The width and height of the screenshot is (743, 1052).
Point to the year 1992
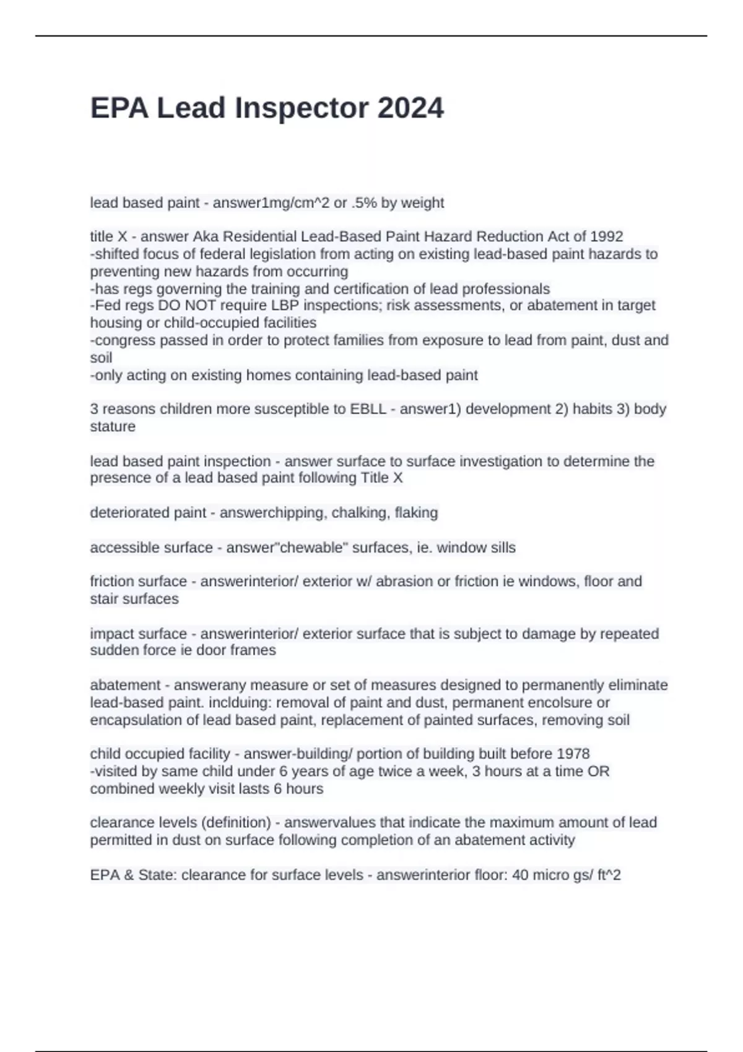pos(606,236)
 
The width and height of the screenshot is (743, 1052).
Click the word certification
pos(375,289)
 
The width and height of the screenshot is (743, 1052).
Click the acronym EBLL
pos(368,409)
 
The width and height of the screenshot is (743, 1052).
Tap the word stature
pos(113,426)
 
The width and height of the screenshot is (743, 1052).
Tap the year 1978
pos(573,754)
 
